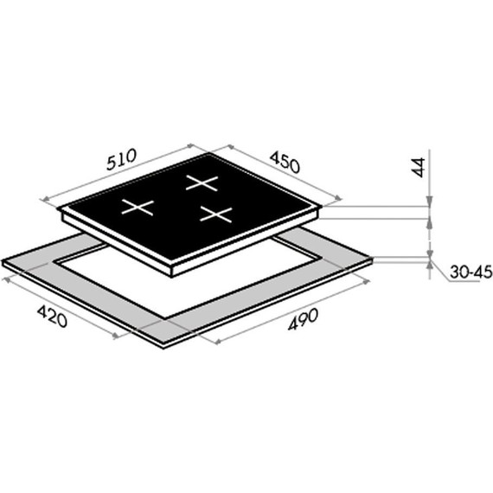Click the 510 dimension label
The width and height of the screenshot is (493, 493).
[121, 159]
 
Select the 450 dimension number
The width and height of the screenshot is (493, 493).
[285, 162]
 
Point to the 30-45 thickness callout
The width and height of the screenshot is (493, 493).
[471, 272]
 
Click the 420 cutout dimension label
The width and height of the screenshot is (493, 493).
[52, 317]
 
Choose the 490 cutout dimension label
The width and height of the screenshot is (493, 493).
[303, 319]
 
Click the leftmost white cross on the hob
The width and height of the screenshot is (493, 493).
[138, 208]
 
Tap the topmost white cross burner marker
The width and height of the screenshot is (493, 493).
[202, 182]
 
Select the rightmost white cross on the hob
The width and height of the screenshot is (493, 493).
[216, 214]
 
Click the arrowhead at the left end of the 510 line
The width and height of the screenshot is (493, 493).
[45, 199]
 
